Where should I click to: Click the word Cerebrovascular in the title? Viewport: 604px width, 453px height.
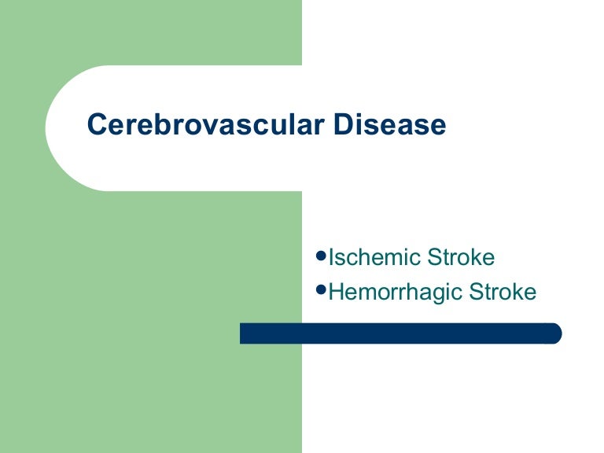click(x=206, y=124)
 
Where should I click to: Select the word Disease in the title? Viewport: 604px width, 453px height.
click(x=390, y=124)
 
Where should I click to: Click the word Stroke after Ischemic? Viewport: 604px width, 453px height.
click(x=461, y=257)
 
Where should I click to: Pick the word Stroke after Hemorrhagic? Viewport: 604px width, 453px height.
click(x=503, y=292)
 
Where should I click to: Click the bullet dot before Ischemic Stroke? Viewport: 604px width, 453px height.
click(x=321, y=256)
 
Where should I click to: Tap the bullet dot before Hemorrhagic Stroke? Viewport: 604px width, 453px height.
click(x=321, y=289)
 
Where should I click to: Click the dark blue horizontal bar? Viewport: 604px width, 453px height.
click(x=400, y=333)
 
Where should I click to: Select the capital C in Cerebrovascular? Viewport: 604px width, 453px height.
click(x=97, y=124)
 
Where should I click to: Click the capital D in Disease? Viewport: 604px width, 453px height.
click(x=343, y=124)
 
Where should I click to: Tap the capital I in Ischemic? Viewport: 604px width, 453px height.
click(x=330, y=257)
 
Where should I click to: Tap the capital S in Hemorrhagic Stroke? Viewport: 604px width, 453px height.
click(x=475, y=292)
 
